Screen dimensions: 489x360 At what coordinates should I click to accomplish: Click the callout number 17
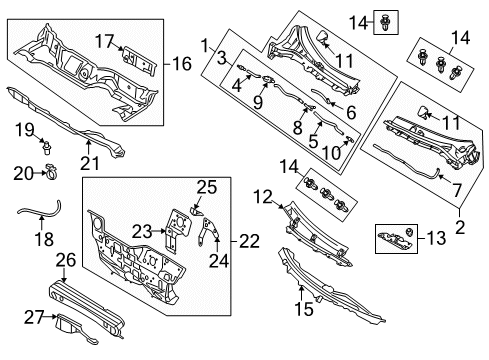pyautogui.click(x=105, y=41)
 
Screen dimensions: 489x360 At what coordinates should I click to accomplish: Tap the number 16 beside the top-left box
pyautogui.click(x=182, y=64)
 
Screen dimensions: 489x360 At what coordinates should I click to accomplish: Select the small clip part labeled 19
pyautogui.click(x=47, y=146)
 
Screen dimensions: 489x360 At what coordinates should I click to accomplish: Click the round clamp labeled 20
pyautogui.click(x=51, y=171)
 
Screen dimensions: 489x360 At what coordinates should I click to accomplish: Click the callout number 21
pyautogui.click(x=90, y=163)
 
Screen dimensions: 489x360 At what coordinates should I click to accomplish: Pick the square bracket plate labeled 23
pyautogui.click(x=178, y=229)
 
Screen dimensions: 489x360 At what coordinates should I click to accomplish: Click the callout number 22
pyautogui.click(x=249, y=241)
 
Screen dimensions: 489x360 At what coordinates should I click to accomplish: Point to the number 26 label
pyautogui.click(x=66, y=260)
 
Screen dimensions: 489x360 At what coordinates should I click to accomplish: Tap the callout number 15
pyautogui.click(x=304, y=309)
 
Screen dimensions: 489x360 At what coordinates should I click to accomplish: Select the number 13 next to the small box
pyautogui.click(x=436, y=238)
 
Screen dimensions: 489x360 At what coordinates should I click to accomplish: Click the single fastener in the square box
pyautogui.click(x=386, y=23)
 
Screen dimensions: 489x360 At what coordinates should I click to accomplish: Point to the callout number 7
pyautogui.click(x=457, y=190)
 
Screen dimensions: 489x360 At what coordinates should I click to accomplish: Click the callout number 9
pyautogui.click(x=258, y=101)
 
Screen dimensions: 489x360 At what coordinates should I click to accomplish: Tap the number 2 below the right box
pyautogui.click(x=460, y=227)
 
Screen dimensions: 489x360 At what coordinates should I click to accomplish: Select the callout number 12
pyautogui.click(x=263, y=197)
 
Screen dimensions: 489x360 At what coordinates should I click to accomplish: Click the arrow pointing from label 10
pyautogui.click(x=345, y=145)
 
